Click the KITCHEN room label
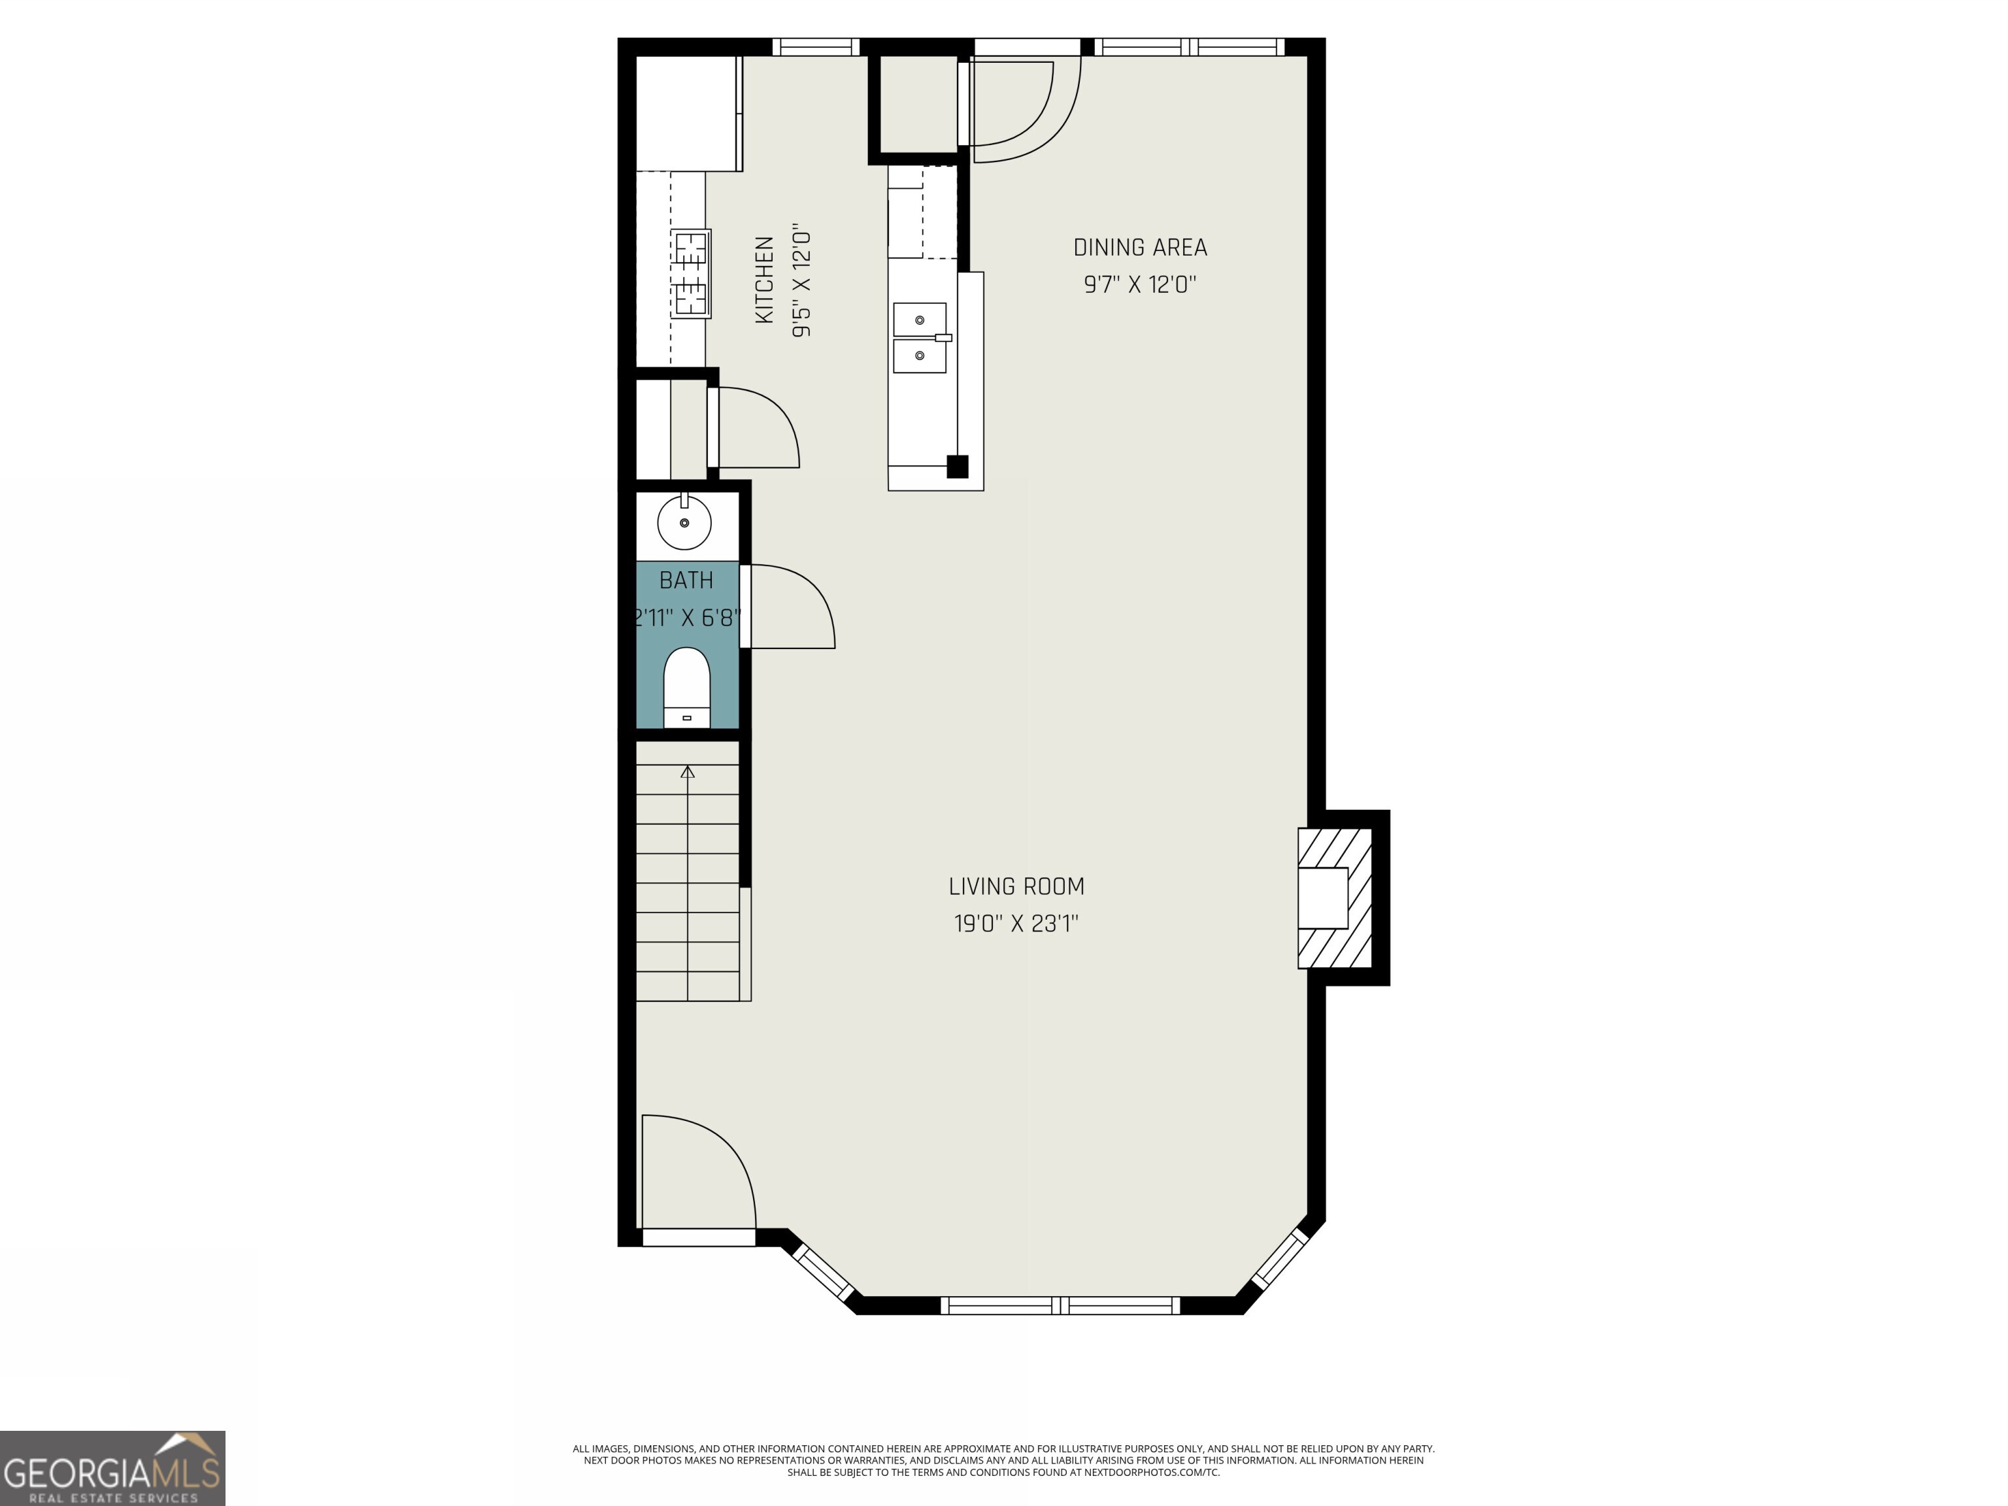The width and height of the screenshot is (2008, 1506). click(764, 280)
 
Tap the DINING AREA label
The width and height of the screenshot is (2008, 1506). click(1140, 247)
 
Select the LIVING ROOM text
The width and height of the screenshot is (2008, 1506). click(1016, 886)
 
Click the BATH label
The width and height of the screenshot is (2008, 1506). click(686, 580)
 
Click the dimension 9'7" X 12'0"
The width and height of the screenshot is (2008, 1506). click(1140, 285)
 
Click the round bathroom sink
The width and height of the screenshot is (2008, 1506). click(684, 523)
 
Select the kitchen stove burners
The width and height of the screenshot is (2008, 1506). click(691, 273)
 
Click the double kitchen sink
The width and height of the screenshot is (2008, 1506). click(920, 338)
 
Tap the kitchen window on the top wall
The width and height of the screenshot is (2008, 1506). click(815, 46)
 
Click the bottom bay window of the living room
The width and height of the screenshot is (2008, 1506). click(1060, 1305)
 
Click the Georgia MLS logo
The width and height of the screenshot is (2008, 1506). click(112, 1468)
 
